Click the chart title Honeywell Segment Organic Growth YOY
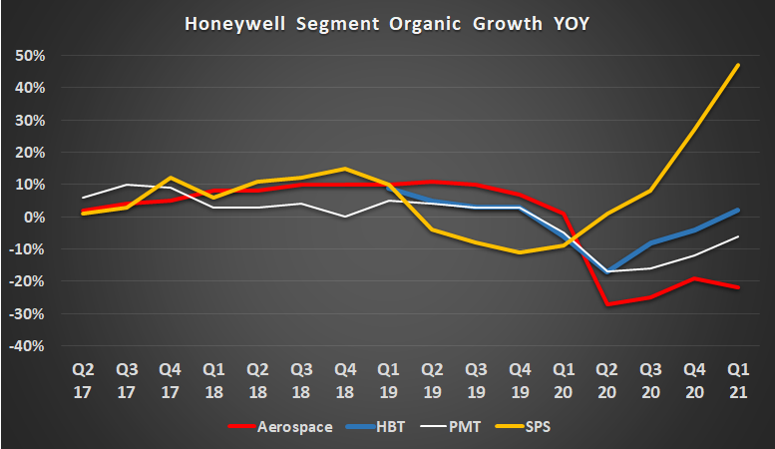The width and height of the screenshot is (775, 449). [388, 22]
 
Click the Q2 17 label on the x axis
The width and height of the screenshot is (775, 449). [85, 380]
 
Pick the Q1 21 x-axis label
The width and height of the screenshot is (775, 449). [737, 380]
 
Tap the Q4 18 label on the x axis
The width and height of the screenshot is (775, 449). [345, 380]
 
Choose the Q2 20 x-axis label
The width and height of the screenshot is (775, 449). [606, 380]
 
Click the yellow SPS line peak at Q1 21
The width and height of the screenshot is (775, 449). [737, 65]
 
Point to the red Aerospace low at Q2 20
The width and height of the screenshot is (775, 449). [606, 304]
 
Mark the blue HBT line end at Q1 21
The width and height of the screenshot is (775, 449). [737, 210]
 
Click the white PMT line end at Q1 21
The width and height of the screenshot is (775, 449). [737, 236]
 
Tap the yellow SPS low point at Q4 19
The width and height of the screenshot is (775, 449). [520, 252]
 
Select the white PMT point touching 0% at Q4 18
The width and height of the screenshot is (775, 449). [345, 217]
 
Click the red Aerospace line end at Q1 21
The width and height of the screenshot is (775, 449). [737, 287]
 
